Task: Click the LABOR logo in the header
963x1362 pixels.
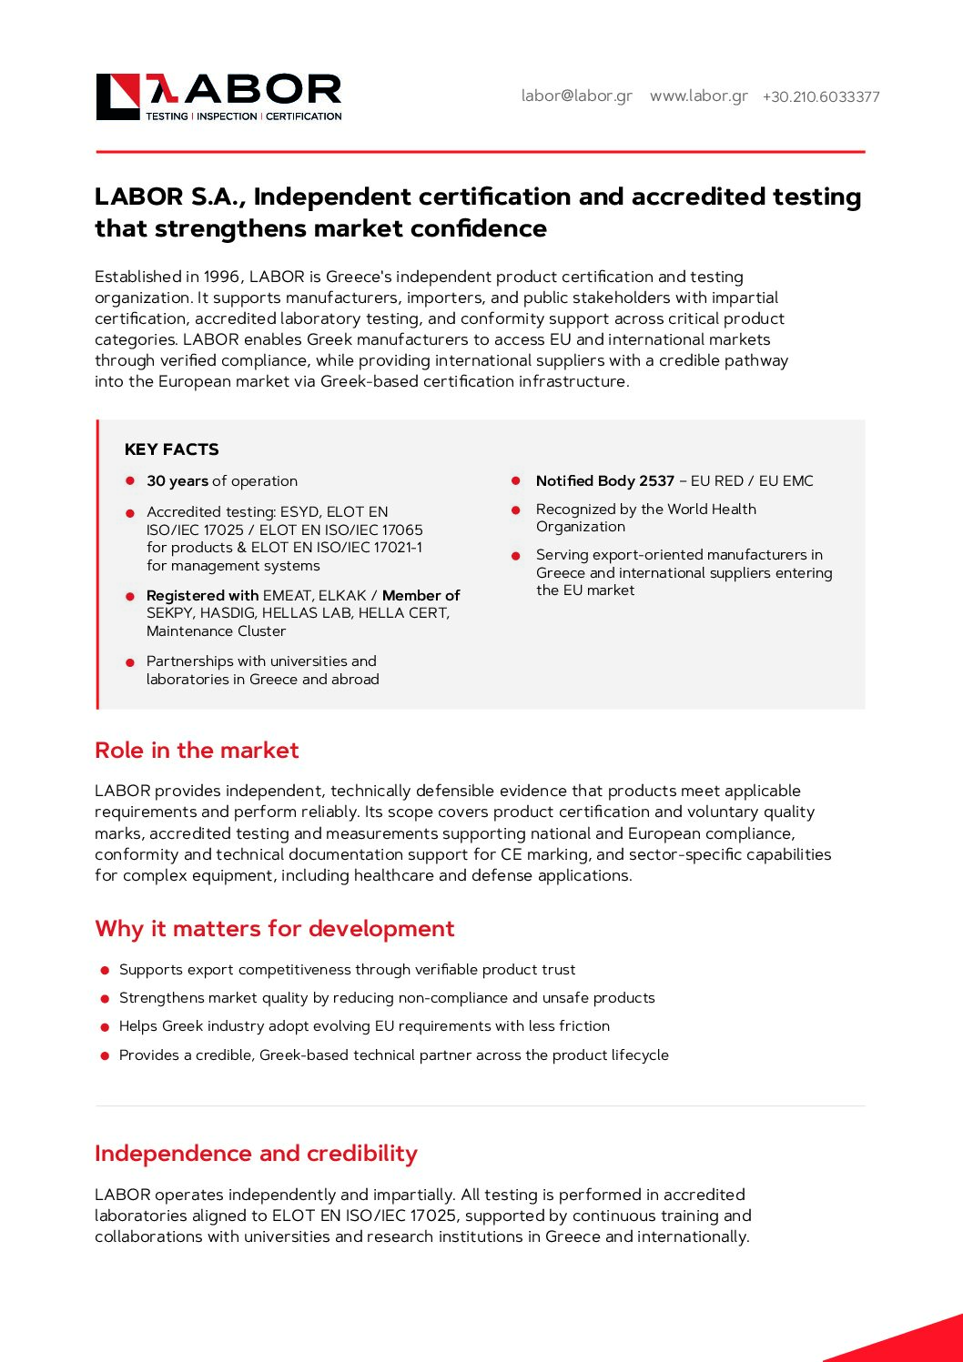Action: point(218,96)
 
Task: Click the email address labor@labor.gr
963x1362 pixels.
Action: point(576,96)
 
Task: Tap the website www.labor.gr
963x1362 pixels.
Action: point(698,96)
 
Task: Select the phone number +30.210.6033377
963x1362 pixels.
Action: point(821,96)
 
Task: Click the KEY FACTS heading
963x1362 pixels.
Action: point(171,449)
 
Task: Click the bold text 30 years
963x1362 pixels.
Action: point(177,481)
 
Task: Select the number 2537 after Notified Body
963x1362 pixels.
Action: point(656,481)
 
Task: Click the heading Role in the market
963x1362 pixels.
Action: point(197,751)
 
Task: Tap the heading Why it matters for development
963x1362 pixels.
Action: point(274,929)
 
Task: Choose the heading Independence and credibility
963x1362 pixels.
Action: point(256,1154)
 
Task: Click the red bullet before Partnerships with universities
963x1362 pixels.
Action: point(130,662)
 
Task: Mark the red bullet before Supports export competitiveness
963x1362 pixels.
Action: point(106,971)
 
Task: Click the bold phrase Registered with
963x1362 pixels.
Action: point(202,596)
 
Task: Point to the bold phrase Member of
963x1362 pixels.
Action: point(421,596)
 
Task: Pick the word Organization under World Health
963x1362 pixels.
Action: point(580,527)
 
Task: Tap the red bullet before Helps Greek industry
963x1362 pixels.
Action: point(106,1027)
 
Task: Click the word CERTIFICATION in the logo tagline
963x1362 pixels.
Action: point(304,116)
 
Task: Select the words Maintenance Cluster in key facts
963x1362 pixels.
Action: point(216,631)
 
